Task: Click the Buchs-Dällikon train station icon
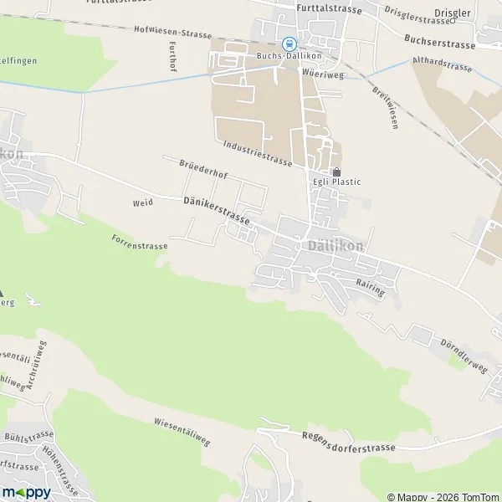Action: tap(289, 44)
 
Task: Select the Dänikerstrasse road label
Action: tap(216, 211)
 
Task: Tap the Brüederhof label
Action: tap(203, 170)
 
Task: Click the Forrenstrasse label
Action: tap(140, 242)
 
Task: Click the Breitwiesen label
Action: tap(386, 106)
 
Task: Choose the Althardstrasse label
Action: tap(442, 64)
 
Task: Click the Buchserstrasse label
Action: tap(438, 41)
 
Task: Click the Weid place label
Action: tap(142, 203)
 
